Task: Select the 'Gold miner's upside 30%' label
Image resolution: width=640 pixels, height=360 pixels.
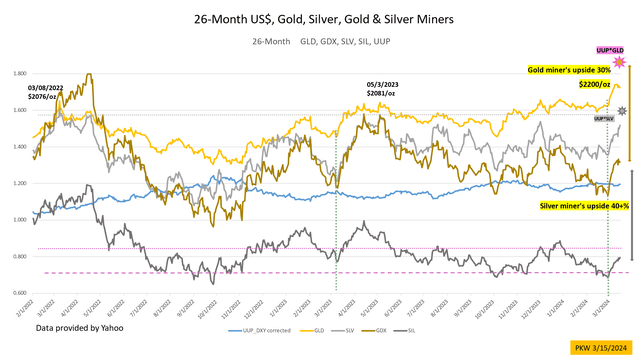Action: [569, 70]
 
